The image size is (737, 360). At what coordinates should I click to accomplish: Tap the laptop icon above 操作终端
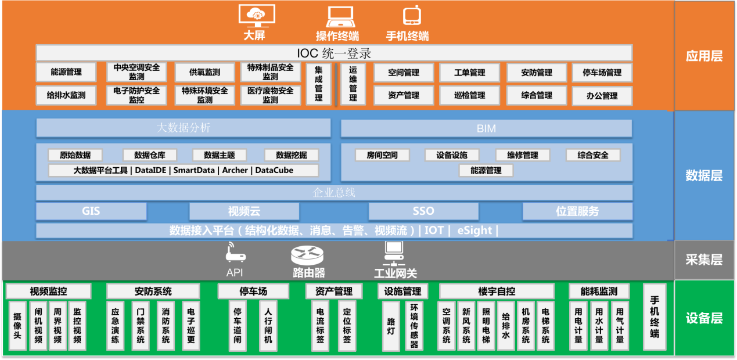(x=337, y=16)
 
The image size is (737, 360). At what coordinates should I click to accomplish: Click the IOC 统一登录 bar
(x=334, y=53)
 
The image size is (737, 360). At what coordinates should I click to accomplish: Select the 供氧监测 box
(x=204, y=73)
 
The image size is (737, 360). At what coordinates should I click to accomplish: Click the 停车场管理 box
(x=602, y=73)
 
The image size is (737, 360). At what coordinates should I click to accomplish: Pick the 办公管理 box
(x=602, y=96)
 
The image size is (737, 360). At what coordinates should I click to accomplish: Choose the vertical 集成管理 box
(x=318, y=84)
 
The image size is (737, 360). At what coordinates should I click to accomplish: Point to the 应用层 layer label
(x=704, y=56)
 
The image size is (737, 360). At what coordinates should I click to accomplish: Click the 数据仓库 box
(x=149, y=155)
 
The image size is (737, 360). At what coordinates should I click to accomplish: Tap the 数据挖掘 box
(x=292, y=155)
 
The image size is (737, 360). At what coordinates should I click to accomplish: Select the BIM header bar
(x=486, y=128)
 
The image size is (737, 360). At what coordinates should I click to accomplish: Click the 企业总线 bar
(x=334, y=193)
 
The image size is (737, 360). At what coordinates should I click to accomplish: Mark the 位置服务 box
(x=577, y=211)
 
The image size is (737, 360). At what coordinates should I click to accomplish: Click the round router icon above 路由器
(x=308, y=255)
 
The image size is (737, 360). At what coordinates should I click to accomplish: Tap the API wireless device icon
(x=235, y=254)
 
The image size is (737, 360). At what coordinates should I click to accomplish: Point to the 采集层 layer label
(x=704, y=260)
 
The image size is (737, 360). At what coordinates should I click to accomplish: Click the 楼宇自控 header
(x=497, y=291)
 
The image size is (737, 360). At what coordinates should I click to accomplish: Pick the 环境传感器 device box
(x=414, y=325)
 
